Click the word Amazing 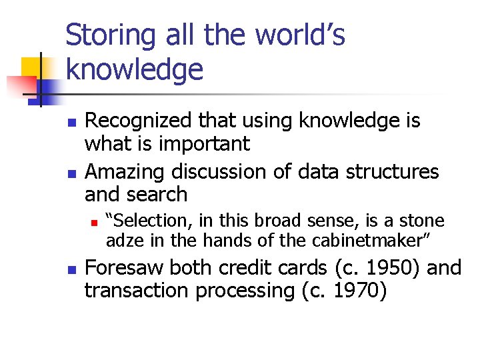(x=125, y=171)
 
